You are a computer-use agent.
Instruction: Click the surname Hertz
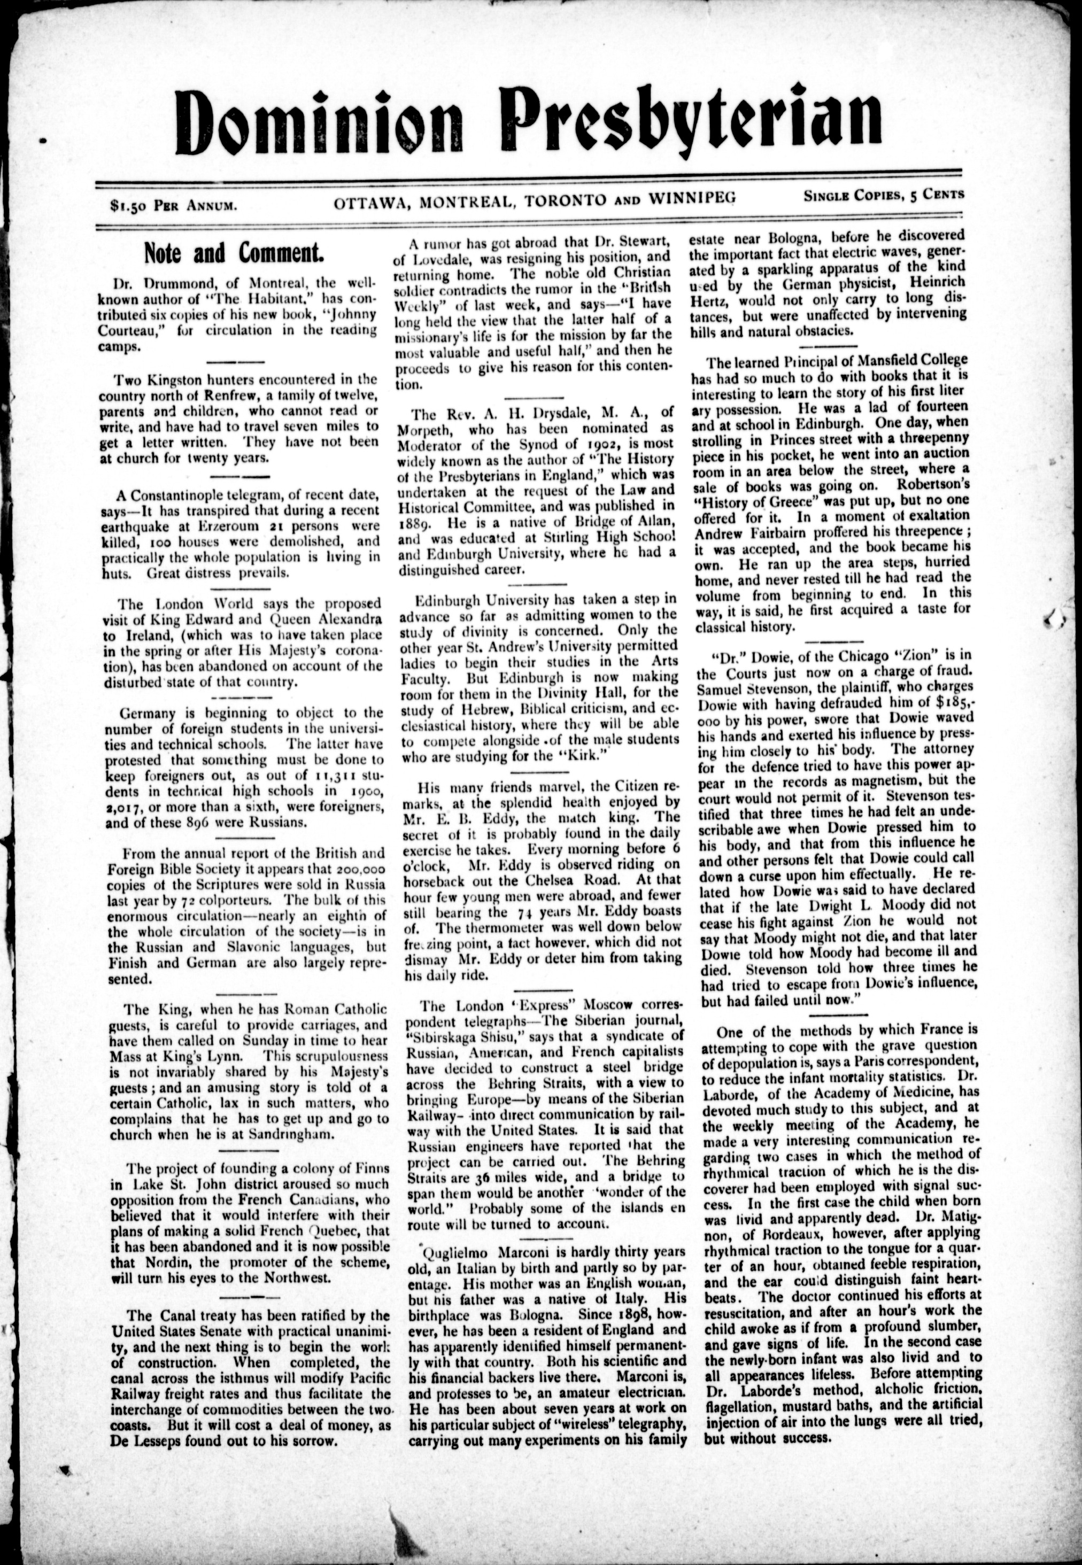pos(716,299)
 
